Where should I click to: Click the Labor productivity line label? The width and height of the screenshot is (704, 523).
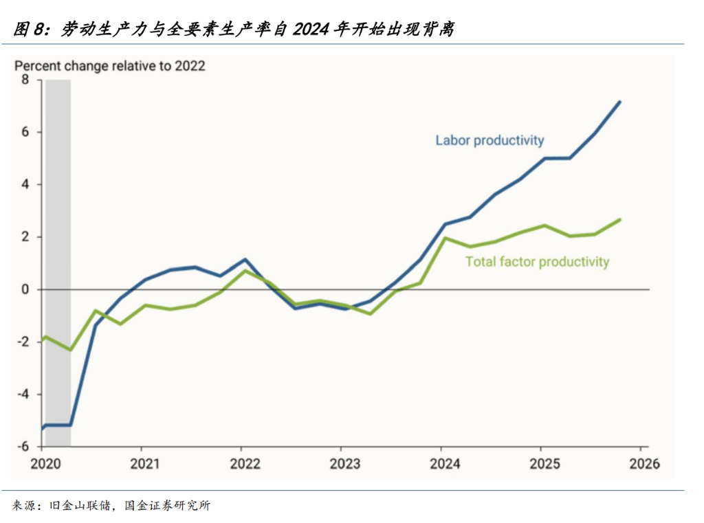pos(489,140)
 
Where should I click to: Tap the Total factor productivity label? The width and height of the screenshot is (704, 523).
pos(537,262)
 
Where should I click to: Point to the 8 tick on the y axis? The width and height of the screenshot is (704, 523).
pos(25,80)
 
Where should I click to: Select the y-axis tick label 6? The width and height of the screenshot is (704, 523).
pos(25,132)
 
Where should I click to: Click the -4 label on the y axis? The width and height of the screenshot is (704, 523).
pos(23,394)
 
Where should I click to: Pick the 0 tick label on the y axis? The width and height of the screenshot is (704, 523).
pos(25,289)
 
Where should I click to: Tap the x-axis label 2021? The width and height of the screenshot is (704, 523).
pos(145,464)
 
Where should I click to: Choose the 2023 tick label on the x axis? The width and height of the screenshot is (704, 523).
pos(345,464)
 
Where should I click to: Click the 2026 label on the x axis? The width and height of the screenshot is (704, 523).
pos(644,464)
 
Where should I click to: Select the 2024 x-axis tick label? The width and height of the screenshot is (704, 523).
pos(445,464)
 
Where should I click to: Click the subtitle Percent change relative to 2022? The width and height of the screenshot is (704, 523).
pos(109,66)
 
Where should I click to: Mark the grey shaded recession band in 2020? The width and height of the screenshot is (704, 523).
pos(58,263)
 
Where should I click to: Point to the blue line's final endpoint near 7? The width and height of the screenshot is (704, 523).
pos(619,102)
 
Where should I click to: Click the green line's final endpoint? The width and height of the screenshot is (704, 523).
pos(619,219)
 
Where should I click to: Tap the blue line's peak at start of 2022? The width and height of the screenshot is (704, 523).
pos(245,259)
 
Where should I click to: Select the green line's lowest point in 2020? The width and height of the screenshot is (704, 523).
pos(71,350)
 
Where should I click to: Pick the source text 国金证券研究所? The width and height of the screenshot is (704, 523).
pos(168,506)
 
